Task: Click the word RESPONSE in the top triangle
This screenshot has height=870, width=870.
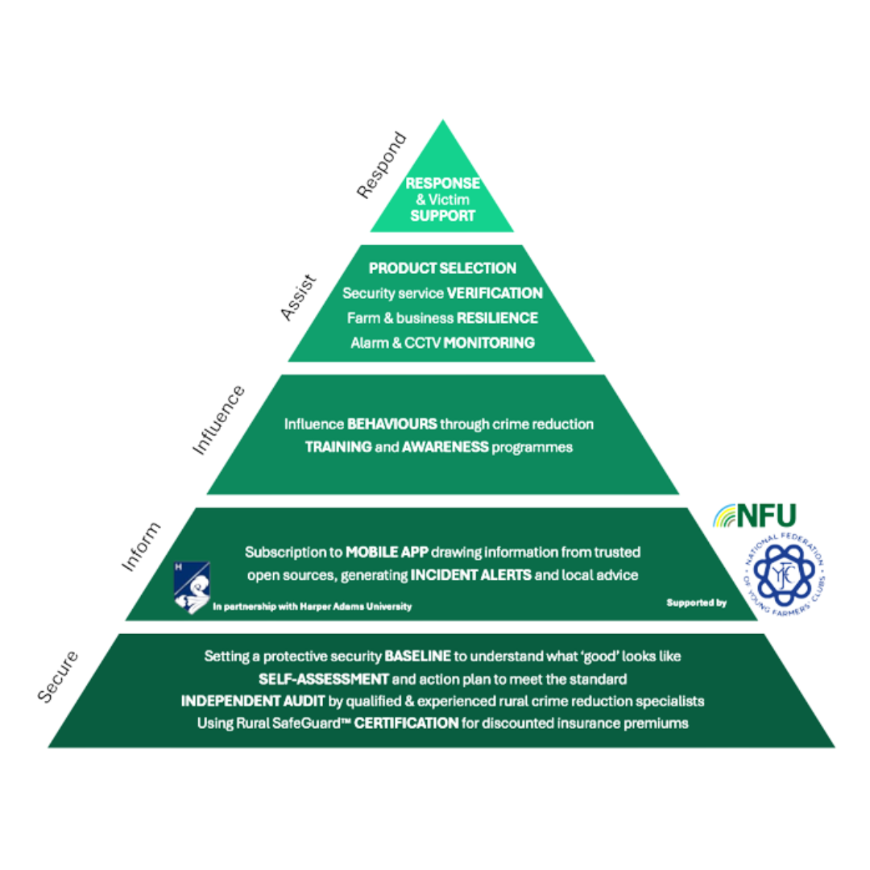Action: point(442,184)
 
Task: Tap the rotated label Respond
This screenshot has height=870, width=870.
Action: point(382,166)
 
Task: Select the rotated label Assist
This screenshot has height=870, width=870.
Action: point(299,298)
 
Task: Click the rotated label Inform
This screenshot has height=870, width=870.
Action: point(141,548)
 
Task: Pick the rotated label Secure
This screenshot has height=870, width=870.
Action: point(60,674)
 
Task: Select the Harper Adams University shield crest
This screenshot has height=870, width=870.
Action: point(192,587)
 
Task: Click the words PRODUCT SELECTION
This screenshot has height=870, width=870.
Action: point(442,267)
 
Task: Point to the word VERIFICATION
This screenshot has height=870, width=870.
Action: point(495,292)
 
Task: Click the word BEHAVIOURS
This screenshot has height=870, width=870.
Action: point(392,423)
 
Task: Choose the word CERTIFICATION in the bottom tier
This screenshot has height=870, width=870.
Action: point(407,723)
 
